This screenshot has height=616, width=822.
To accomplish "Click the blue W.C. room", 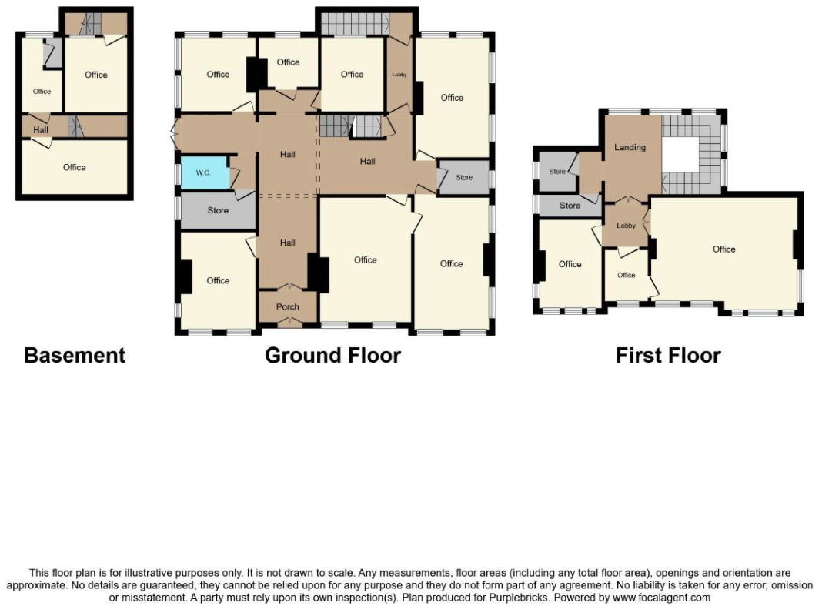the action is (205, 172).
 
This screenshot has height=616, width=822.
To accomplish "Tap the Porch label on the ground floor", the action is (287, 306).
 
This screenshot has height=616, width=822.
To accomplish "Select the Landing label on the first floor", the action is (630, 147).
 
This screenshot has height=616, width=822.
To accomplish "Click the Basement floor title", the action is (75, 356).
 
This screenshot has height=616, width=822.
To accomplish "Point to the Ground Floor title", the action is (333, 356).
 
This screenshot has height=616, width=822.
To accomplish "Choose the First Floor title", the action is (668, 356).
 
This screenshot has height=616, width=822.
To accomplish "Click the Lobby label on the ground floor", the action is (399, 75).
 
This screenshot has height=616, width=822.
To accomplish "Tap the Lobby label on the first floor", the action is (626, 226).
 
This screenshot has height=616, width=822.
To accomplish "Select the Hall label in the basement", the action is (40, 129).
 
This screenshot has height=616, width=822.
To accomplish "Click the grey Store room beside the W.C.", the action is (218, 210).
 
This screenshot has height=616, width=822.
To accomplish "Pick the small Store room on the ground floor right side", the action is (464, 178).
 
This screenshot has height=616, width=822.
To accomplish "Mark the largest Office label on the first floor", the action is (724, 249).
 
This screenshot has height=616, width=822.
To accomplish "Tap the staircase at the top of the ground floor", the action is (354, 23).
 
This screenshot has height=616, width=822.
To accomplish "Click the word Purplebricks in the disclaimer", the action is (520, 598).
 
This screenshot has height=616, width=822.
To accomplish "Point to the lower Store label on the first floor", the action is (570, 206).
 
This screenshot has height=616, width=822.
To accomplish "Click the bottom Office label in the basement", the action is (75, 167).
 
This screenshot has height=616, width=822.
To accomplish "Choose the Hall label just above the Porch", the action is (287, 243).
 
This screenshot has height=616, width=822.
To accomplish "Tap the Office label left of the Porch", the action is (218, 280).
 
